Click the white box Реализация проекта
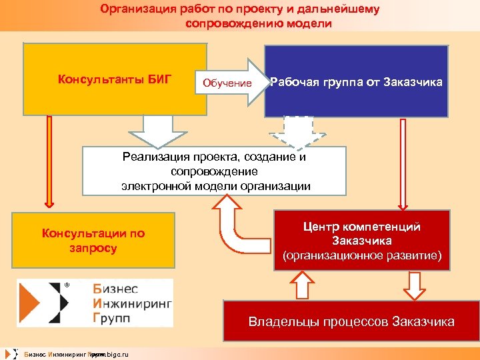(215, 171)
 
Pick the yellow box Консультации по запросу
(94, 241)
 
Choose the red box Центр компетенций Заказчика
(361, 240)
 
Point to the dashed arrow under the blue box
(298, 132)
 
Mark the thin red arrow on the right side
(402, 160)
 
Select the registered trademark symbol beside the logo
(67, 285)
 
